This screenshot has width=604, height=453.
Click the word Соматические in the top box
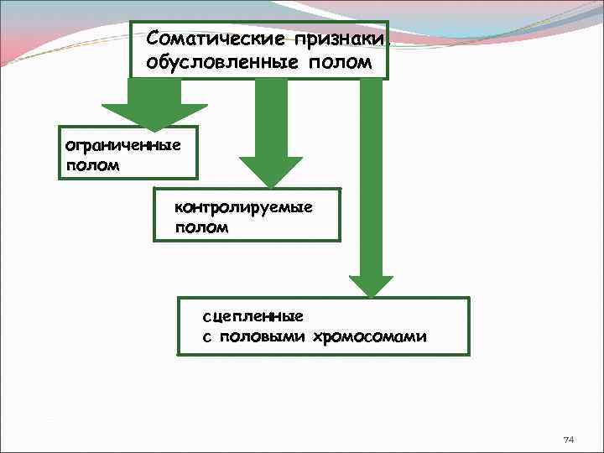click(x=214, y=39)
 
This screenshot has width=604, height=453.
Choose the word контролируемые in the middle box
click(x=243, y=206)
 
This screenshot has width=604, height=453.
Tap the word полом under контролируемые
click(x=200, y=227)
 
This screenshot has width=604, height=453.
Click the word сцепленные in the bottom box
click(x=253, y=316)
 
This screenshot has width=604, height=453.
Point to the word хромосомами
click(x=369, y=337)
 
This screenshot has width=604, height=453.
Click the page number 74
click(x=568, y=440)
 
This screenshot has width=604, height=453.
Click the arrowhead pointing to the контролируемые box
click(x=270, y=172)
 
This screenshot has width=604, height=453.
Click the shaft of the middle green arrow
click(x=270, y=117)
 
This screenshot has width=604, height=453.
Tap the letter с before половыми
click(x=206, y=338)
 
